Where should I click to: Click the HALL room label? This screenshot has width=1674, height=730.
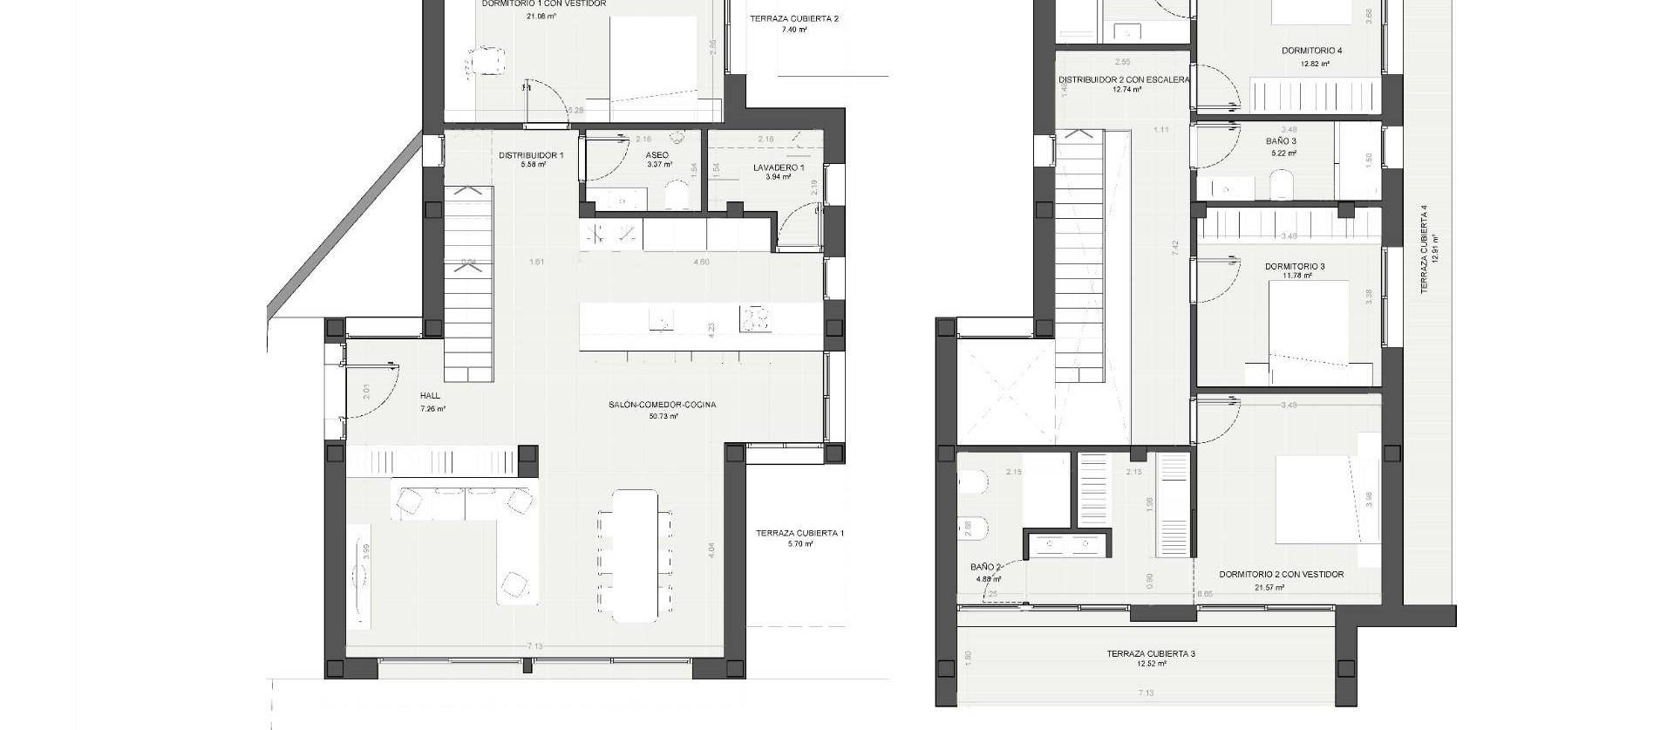pyautogui.click(x=431, y=396)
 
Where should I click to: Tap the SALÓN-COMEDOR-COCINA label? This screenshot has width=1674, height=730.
pyautogui.click(x=663, y=405)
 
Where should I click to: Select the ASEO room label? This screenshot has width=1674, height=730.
pyautogui.click(x=657, y=155)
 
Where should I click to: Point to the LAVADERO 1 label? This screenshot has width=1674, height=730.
pyautogui.click(x=779, y=167)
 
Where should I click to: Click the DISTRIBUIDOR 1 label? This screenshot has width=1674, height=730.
pyautogui.click(x=531, y=155)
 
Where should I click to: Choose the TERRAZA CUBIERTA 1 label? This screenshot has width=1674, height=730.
pyautogui.click(x=800, y=533)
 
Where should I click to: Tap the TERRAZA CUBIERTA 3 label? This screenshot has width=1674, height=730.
pyautogui.click(x=1151, y=653)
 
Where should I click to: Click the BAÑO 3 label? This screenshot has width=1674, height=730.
pyautogui.click(x=1281, y=141)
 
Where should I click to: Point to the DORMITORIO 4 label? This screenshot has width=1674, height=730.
pyautogui.click(x=1311, y=51)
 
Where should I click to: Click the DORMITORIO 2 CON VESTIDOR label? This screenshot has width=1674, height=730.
pyautogui.click(x=1281, y=575)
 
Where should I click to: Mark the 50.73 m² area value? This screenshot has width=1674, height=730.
pyautogui.click(x=663, y=417)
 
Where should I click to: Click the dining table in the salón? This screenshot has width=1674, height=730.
pyautogui.click(x=635, y=556)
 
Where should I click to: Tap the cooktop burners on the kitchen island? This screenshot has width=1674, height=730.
pyautogui.click(x=756, y=319)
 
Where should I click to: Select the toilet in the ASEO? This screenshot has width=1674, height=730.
pyautogui.click(x=677, y=197)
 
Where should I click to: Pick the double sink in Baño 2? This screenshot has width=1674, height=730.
pyautogui.click(x=1068, y=545)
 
